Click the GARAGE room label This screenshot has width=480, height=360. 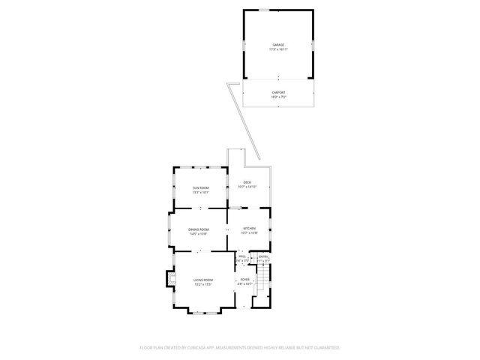[277, 44]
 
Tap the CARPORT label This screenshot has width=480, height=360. [277, 92]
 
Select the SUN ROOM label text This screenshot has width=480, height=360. [200, 187]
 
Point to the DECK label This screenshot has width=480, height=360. [247, 182]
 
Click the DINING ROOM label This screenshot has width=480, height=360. [199, 229]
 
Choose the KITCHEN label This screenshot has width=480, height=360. [249, 228]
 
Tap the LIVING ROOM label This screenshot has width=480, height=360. [203, 280]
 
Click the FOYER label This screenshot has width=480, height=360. [245, 280]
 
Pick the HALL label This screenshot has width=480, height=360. [241, 256]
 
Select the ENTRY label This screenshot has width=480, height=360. [263, 256]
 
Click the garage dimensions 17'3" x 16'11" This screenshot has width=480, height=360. [277, 49]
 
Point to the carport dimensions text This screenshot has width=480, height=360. [277, 97]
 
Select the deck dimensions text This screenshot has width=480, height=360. [247, 187]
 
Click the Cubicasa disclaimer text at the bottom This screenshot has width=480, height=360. [240, 347]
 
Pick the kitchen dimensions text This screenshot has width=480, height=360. [249, 233]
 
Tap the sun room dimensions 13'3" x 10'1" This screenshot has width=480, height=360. [200, 192]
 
